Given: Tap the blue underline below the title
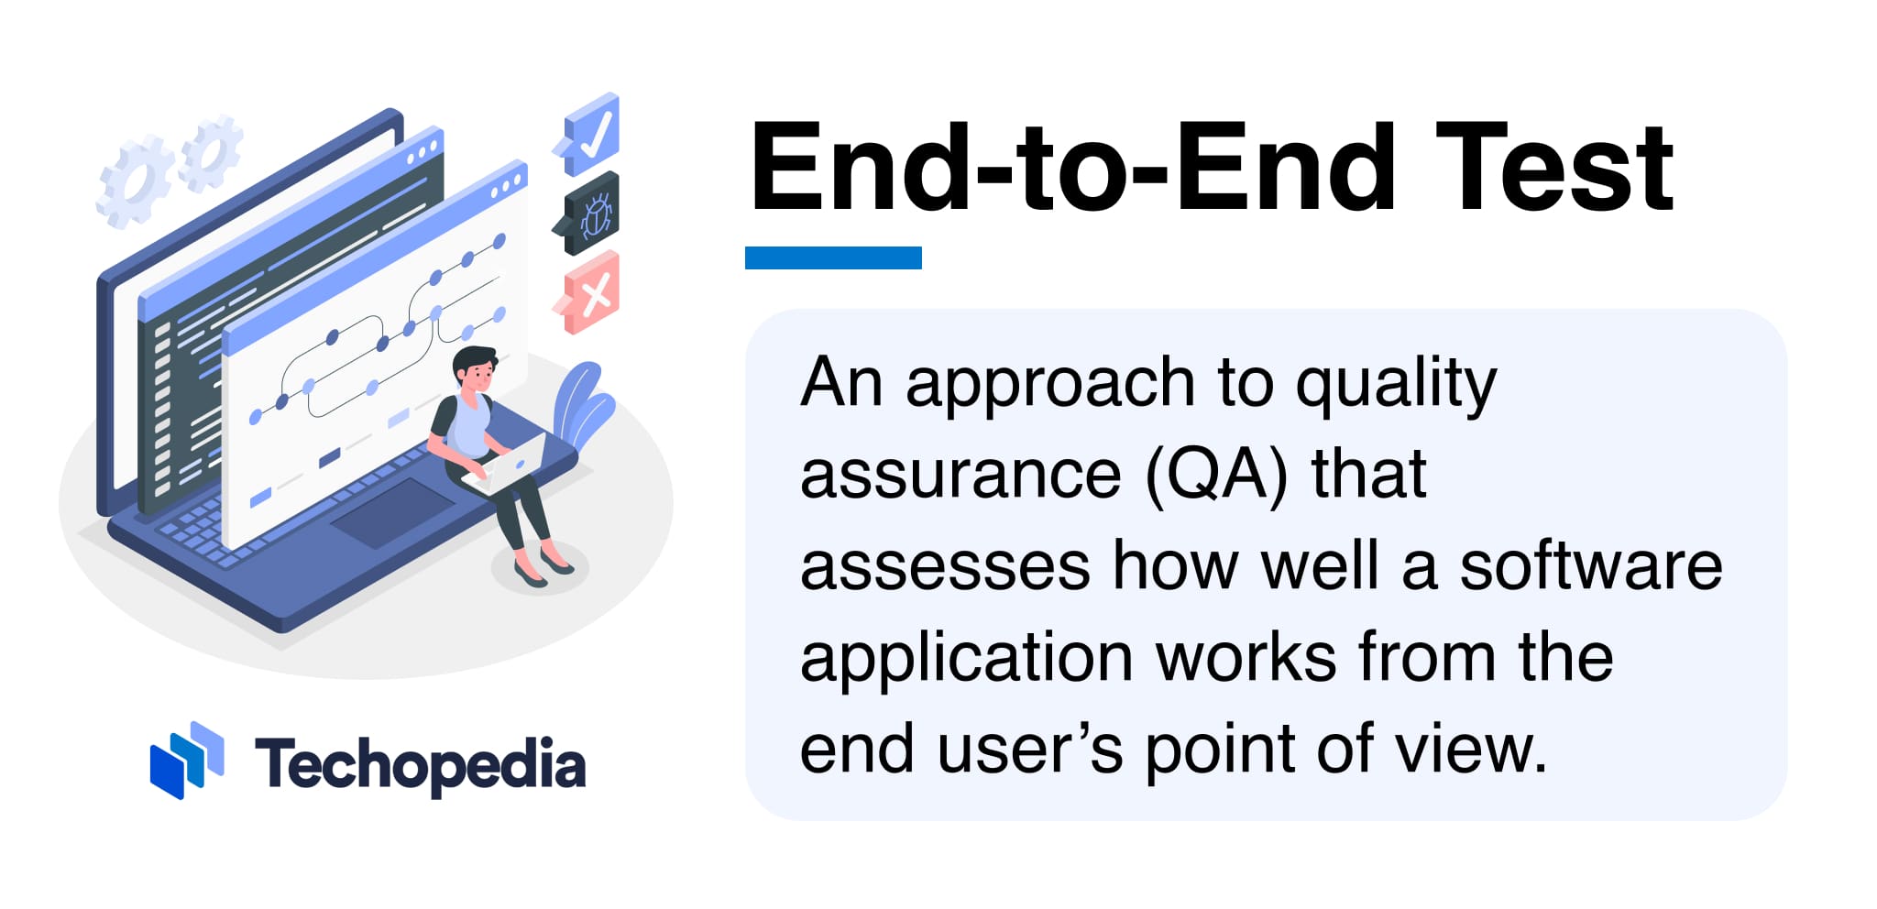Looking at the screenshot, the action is coord(833,257).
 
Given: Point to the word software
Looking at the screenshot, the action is coord(1591,565).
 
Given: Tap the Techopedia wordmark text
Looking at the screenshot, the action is coord(420,766).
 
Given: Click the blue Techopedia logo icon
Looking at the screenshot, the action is coord(187,760).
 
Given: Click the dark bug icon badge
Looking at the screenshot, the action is coord(587,214).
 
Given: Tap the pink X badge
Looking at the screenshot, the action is coord(587,293).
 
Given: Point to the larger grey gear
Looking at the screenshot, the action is coord(135,181).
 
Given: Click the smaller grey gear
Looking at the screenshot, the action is coord(212,153).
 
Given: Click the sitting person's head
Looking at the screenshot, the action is coord(476,368).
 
